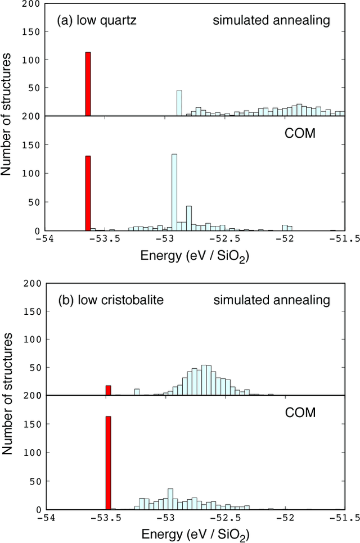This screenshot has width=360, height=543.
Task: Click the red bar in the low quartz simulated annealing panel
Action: [88, 84]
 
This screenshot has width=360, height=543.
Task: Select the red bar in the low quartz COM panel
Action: [88, 193]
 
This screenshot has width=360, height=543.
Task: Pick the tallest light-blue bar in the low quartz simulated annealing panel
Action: [179, 103]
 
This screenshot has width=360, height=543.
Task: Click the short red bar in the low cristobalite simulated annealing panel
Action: [109, 391]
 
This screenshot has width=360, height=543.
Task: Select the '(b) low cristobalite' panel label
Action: [110, 300]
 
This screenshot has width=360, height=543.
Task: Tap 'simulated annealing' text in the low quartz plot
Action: [271, 21]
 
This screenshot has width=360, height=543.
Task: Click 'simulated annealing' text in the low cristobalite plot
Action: [272, 300]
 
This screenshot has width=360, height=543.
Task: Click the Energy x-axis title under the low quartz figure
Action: [194, 256]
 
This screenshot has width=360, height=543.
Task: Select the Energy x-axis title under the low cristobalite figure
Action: [194, 533]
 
